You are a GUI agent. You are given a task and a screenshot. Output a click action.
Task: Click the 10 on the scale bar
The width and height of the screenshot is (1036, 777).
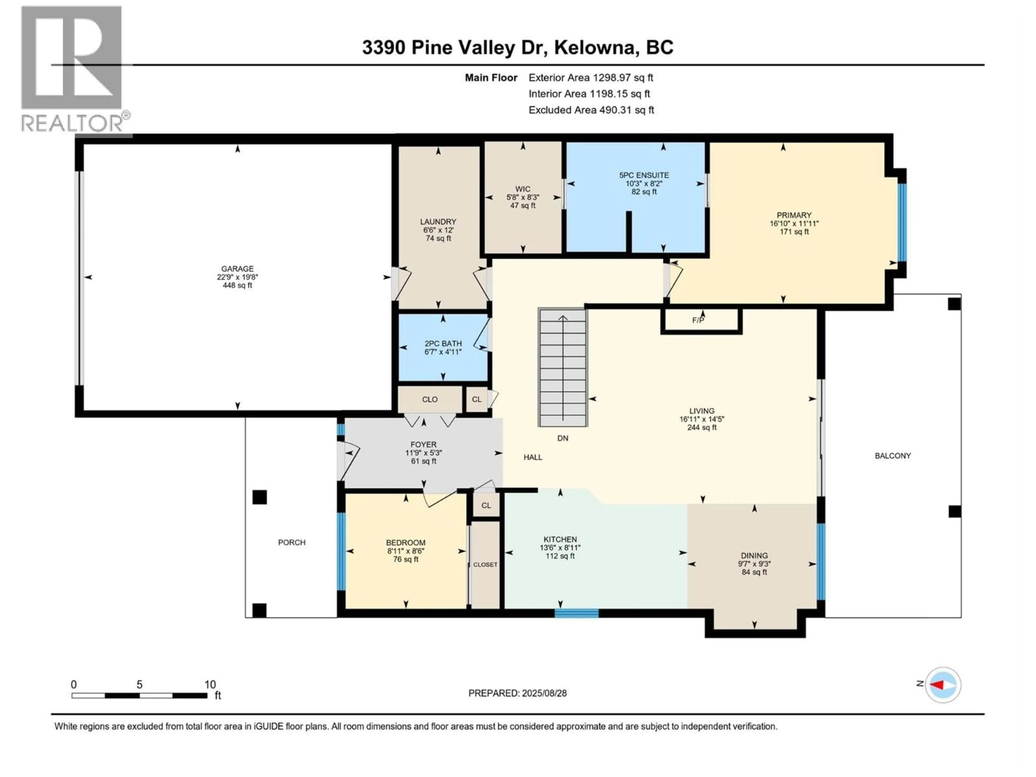210,684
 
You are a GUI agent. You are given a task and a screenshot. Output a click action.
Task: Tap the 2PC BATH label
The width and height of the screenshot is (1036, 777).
443,343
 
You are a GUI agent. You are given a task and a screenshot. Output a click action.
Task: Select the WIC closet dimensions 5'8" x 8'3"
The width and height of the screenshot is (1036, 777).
523,197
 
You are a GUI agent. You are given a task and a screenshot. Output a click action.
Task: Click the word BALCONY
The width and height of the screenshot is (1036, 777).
893,456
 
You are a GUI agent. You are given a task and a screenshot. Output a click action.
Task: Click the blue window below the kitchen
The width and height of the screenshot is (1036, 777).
577,613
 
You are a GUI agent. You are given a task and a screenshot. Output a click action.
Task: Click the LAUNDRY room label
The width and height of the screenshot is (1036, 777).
438,221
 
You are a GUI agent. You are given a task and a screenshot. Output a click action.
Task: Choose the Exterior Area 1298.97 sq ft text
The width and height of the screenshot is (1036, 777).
591,78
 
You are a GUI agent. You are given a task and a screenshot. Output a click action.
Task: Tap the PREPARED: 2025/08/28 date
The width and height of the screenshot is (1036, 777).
517,693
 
